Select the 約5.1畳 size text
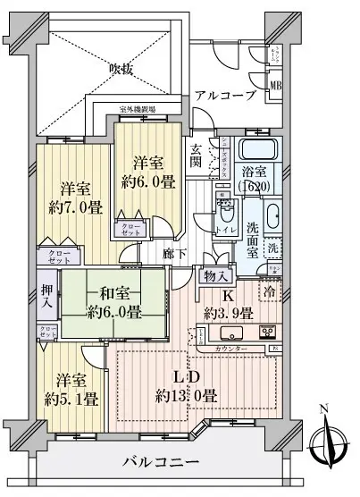[73, 398]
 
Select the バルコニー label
[160, 465]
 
